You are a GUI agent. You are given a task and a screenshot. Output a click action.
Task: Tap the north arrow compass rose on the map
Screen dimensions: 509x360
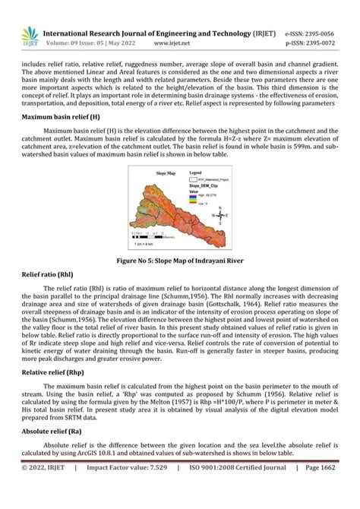click(220, 215)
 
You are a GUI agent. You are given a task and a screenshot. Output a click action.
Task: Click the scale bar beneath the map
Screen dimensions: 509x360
click(152, 237)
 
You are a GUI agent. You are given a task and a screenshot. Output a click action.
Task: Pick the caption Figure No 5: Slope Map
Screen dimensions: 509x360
click(180, 260)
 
